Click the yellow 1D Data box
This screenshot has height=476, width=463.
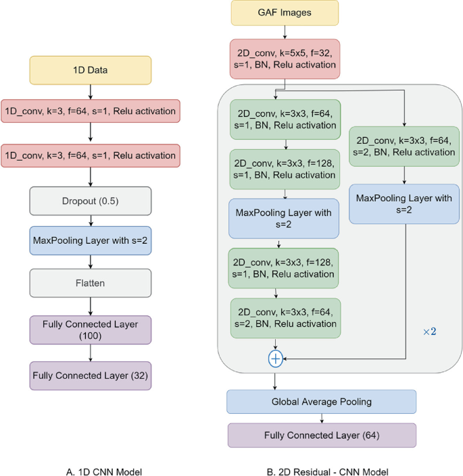click(90, 70)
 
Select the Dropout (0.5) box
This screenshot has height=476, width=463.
click(90, 201)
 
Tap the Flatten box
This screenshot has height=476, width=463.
click(90, 284)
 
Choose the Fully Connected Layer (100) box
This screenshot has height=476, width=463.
click(90, 329)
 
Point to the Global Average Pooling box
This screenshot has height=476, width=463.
click(322, 402)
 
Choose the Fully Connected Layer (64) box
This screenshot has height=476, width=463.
click(322, 435)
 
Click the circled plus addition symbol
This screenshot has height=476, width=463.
click(275, 359)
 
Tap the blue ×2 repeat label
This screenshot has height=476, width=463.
click(430, 332)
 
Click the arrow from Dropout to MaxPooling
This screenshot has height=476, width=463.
click(90, 220)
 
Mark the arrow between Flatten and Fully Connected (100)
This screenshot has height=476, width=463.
click(90, 306)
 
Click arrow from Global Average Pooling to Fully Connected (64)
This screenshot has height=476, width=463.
click(322, 418)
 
